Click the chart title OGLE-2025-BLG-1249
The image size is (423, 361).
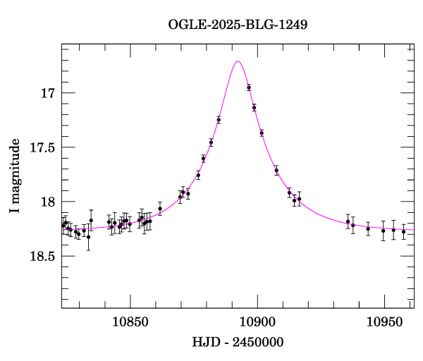(238, 25)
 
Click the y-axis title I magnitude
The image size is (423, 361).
(15, 176)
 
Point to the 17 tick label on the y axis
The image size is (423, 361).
(48, 93)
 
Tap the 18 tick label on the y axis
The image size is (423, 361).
(48, 202)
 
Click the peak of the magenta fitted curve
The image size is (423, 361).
(238, 61)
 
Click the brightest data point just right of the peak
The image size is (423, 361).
(249, 87)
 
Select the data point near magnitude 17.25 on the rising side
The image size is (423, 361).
(219, 120)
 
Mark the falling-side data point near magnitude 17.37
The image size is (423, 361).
(262, 133)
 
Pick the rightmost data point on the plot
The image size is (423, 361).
(404, 231)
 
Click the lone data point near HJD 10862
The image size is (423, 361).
(160, 209)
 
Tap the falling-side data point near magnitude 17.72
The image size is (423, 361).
(276, 171)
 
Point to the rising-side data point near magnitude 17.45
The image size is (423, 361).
(211, 142)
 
